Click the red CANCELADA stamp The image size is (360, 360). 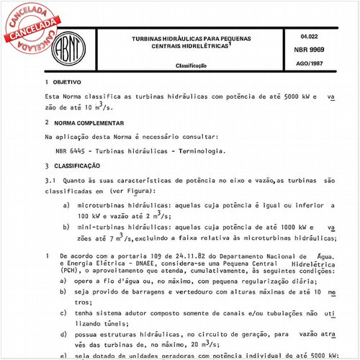30,29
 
